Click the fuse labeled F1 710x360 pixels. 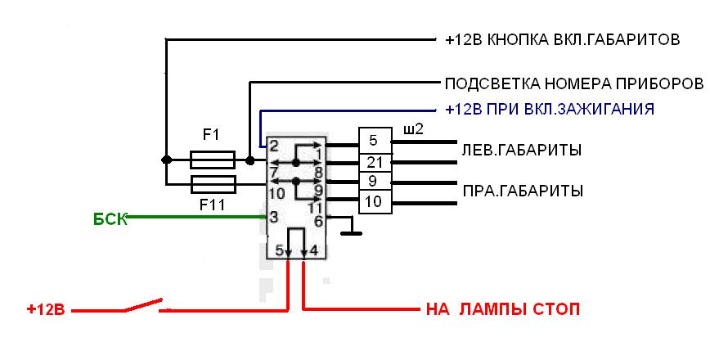pos(213,159)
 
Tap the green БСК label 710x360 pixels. pos(110,218)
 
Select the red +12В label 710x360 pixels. pos(46,310)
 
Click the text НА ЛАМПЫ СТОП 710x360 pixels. pos(503,310)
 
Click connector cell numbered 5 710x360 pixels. pos(375,140)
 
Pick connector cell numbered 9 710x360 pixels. pos(375,181)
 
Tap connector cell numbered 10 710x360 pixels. pos(375,201)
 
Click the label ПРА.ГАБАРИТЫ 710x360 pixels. pos(522,191)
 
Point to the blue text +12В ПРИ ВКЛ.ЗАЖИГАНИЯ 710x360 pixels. pos(549,108)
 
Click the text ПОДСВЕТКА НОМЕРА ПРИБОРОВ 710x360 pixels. pos(573,84)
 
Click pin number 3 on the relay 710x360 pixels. pos(273,217)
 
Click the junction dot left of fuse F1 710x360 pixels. pos(166,160)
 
